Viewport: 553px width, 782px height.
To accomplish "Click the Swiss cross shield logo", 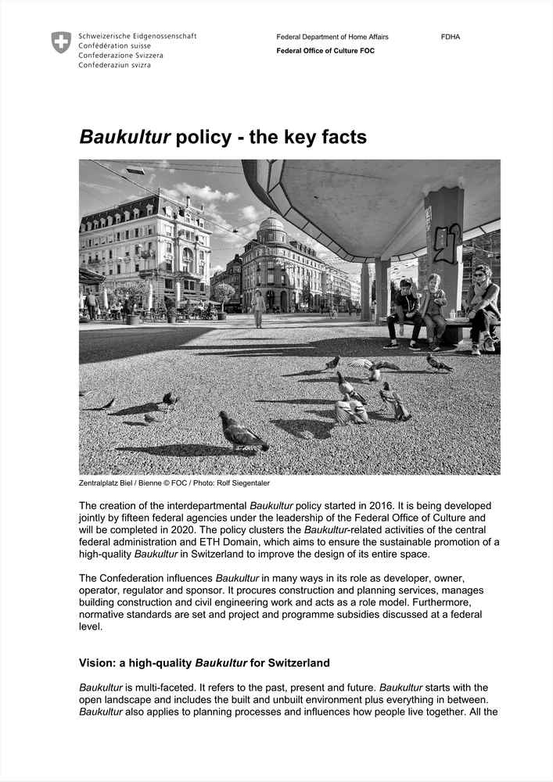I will click(61, 42).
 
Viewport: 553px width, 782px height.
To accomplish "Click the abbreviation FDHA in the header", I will click(451, 37).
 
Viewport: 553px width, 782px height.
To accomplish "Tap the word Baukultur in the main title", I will click(125, 138).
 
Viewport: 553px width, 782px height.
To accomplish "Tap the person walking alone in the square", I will click(258, 308).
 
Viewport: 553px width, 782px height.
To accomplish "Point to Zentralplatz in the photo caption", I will click(99, 483).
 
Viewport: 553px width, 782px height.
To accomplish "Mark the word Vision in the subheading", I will click(96, 663).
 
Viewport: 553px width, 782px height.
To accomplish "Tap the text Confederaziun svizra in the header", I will click(114, 65).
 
